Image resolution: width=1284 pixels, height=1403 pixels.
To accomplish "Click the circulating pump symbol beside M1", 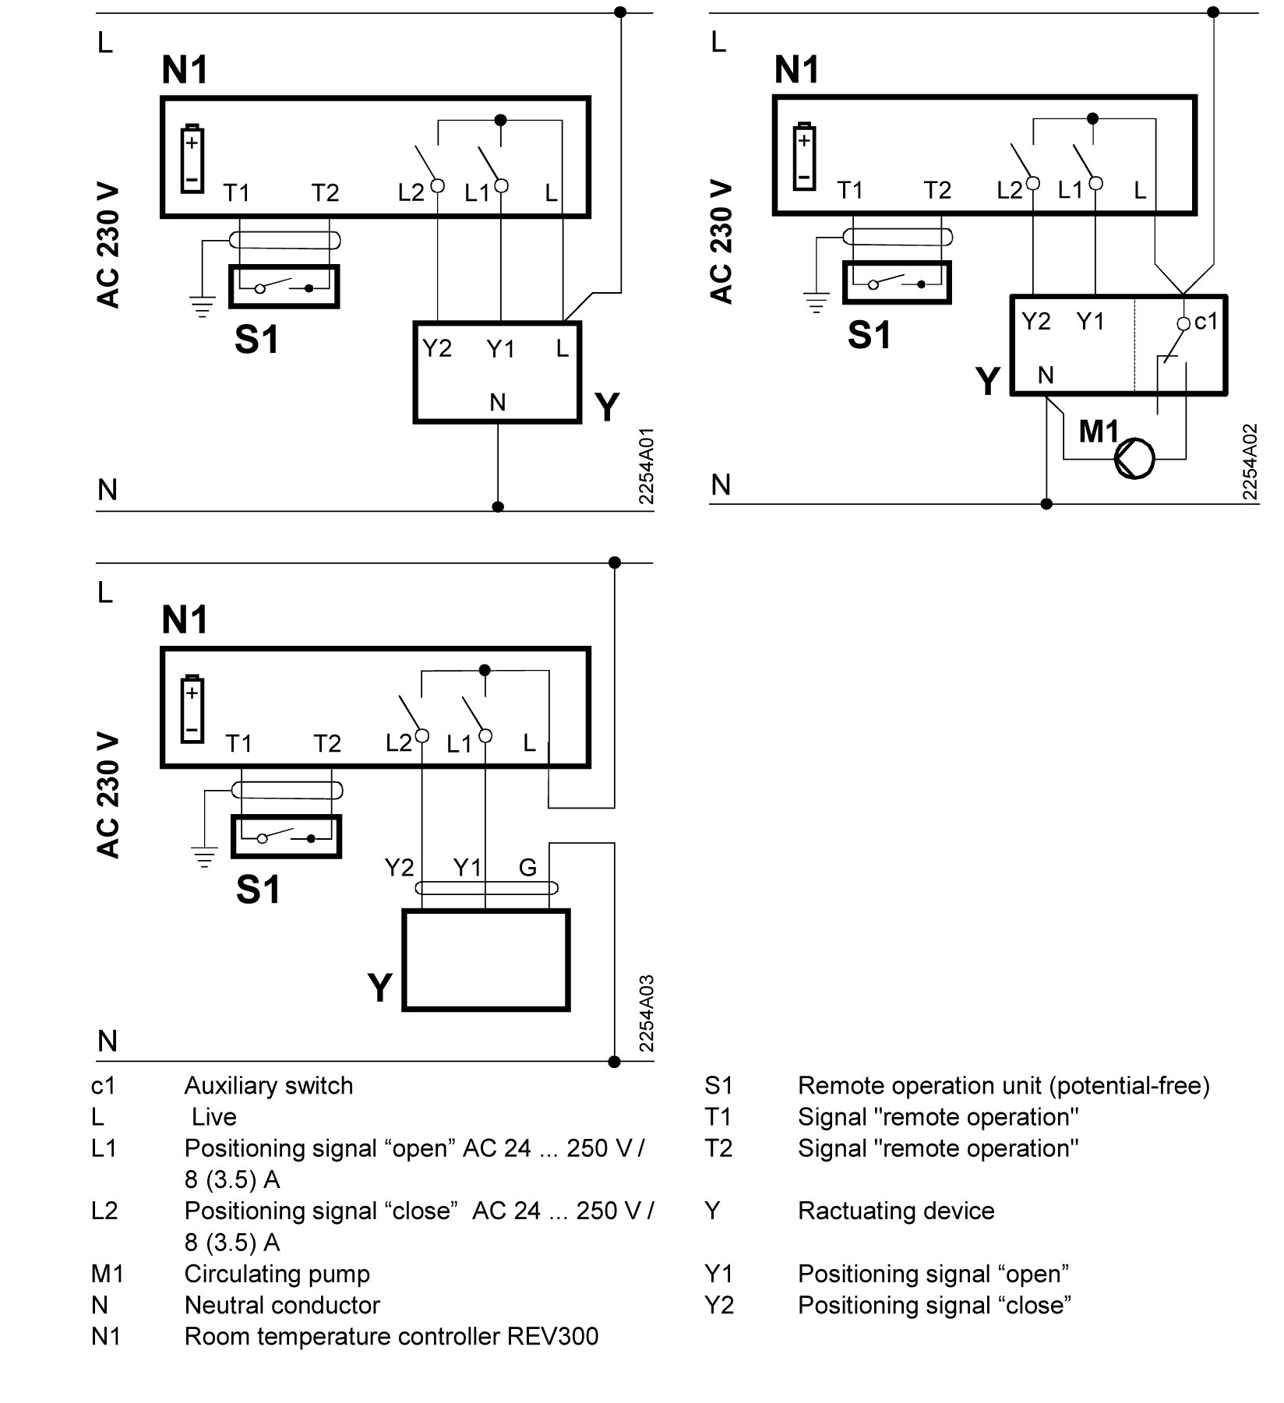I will click(1134, 457).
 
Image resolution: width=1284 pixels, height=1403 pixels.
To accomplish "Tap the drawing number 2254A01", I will click(646, 465).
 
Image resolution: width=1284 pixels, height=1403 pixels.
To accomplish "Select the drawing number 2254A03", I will click(646, 1013).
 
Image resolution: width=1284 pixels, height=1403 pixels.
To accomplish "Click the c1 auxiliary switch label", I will click(1205, 321).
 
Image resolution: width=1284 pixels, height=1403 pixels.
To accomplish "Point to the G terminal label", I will click(527, 867).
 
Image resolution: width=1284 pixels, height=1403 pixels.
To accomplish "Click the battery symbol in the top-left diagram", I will click(192, 160).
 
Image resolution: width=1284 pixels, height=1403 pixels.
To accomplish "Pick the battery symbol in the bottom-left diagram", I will click(192, 709).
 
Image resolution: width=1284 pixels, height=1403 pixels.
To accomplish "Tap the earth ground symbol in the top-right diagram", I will click(816, 301).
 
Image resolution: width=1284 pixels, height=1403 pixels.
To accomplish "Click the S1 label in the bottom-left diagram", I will click(258, 889).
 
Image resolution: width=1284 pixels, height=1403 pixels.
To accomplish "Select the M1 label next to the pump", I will click(1099, 431).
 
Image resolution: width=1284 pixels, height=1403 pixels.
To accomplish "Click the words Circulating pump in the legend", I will click(277, 1274).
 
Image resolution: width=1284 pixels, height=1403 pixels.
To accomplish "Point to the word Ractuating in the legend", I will click(852, 1211).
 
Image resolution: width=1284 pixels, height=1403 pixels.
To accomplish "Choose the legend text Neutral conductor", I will click(282, 1305).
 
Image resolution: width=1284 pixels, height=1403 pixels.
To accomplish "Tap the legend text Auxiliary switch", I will click(268, 1086).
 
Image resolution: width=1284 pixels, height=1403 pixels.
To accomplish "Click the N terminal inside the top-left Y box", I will click(497, 402).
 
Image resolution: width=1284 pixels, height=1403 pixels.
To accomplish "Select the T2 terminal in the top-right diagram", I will click(937, 190).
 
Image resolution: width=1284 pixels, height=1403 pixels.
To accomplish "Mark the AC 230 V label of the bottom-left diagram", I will click(109, 795).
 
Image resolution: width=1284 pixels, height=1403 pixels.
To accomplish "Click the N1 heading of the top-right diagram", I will click(796, 70).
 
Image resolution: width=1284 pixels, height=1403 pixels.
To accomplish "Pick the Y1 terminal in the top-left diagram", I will click(500, 349).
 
